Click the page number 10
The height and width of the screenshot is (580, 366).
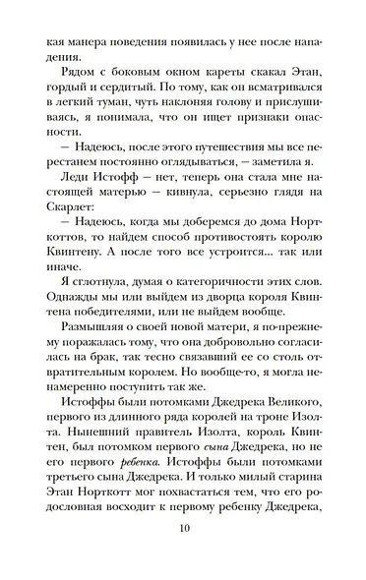click(183, 553)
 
